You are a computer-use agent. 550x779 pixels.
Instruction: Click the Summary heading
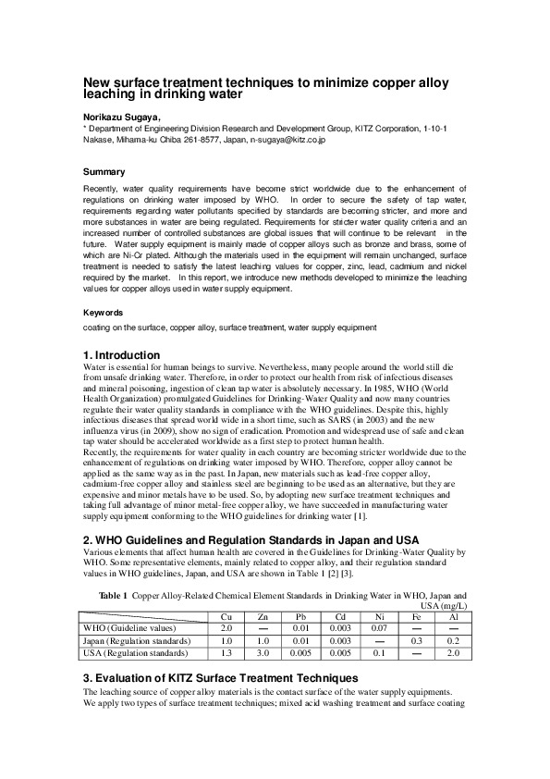tap(104, 172)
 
